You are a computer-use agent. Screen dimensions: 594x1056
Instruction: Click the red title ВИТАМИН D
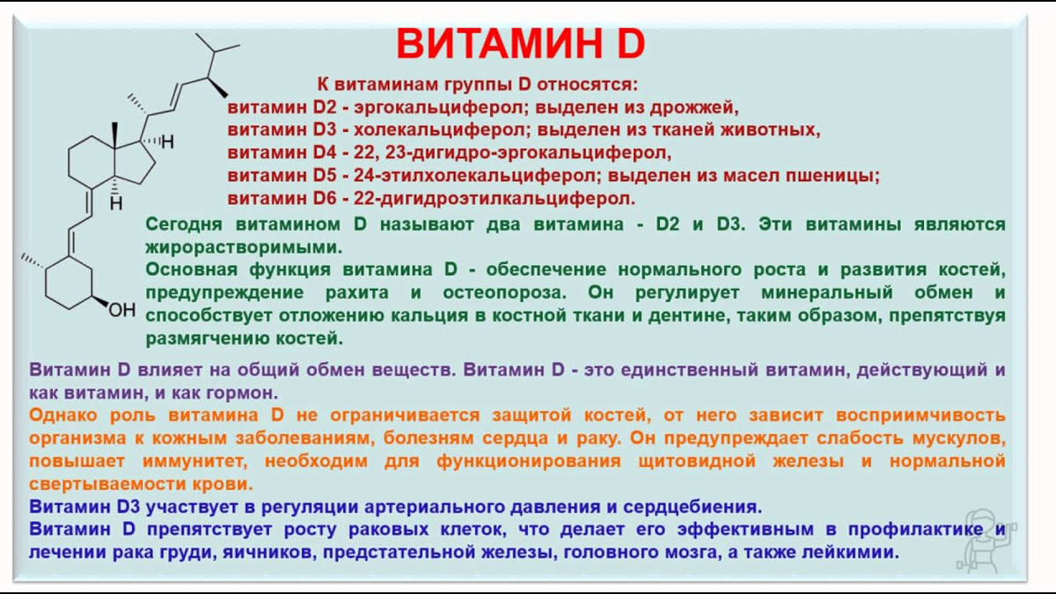[520, 43]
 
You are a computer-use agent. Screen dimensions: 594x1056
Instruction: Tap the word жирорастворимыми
[242, 247]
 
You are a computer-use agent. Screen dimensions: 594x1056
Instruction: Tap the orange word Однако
[62, 415]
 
